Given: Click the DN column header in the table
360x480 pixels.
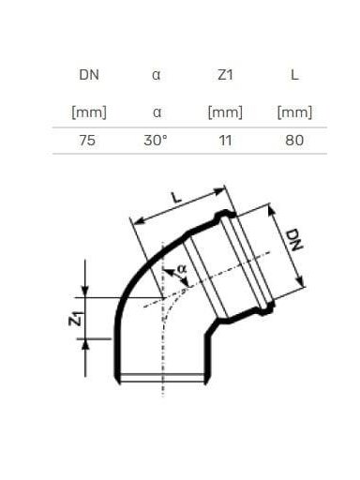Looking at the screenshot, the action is (x=89, y=75).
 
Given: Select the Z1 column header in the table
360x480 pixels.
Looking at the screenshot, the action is (x=225, y=75).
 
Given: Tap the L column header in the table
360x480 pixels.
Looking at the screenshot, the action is (x=294, y=75).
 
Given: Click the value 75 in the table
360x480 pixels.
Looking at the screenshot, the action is (x=87, y=141).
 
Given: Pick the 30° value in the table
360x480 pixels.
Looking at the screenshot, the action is (x=156, y=141).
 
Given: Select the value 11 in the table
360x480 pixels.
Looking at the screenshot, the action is (x=225, y=141).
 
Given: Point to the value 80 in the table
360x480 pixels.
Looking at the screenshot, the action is (x=294, y=141).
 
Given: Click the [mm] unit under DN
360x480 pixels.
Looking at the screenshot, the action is (x=89, y=112).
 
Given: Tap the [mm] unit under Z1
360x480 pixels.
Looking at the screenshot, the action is (x=225, y=112).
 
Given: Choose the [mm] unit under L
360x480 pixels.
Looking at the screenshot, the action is (x=294, y=112).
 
